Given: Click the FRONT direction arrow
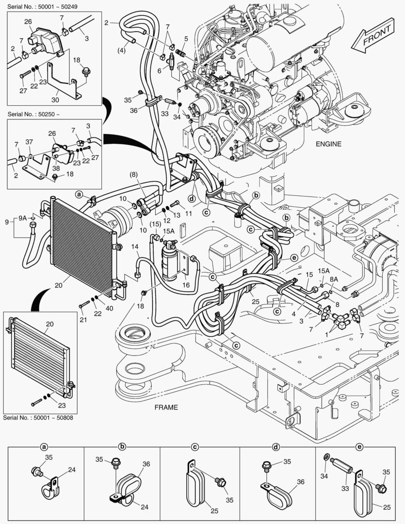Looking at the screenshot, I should pos(373,37).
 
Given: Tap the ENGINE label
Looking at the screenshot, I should pos(328,144).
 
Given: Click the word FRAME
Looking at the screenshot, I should pos(166,407).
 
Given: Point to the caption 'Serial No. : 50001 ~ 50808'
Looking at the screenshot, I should pos(38,417).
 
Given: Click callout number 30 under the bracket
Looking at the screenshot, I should pos(55,100).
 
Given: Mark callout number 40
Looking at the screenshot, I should pos(110,308).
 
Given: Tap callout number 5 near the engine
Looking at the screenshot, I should pos(186,38).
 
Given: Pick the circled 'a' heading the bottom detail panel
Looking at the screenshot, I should pos(44,446).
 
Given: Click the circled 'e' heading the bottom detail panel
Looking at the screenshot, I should pos(359,446).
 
